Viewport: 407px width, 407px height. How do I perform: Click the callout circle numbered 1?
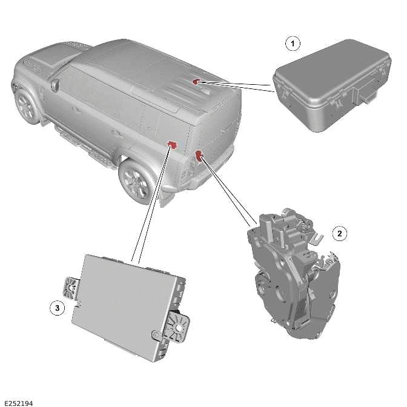tap(293, 44)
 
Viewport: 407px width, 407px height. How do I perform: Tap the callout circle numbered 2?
tap(340, 233)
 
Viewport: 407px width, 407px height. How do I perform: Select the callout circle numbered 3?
tap(57, 308)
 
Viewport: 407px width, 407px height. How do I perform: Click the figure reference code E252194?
tap(18, 402)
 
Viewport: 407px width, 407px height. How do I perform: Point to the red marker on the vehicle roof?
tap(196, 81)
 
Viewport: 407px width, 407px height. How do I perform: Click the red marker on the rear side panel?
tap(172, 144)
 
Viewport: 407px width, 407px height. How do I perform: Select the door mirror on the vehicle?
tap(56, 85)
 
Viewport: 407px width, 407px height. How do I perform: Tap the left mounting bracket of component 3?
tap(71, 282)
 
